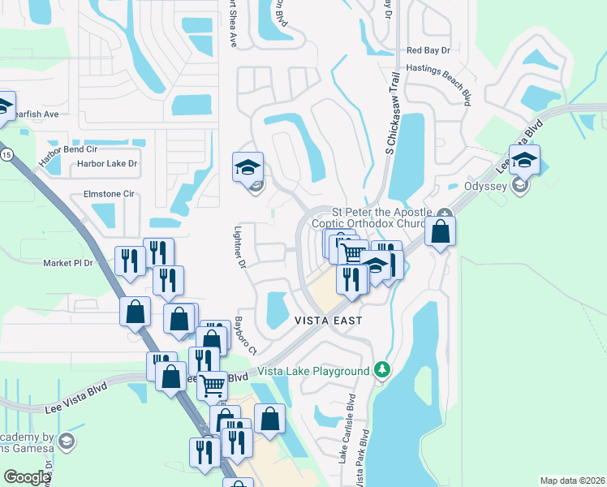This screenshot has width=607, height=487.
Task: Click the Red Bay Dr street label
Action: [428, 50]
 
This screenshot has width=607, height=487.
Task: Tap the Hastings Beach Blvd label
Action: [439, 81]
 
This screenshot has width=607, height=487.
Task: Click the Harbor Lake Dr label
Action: [107, 164]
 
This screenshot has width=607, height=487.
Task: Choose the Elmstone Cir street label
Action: [109, 195]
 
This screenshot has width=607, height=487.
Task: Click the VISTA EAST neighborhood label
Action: [329, 321]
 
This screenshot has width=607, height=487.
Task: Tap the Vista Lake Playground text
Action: [313, 372]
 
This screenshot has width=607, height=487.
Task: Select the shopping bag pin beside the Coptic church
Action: [440, 231]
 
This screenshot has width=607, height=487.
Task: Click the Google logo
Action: [27, 477]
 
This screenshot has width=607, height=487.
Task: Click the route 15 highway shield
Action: [6, 154]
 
